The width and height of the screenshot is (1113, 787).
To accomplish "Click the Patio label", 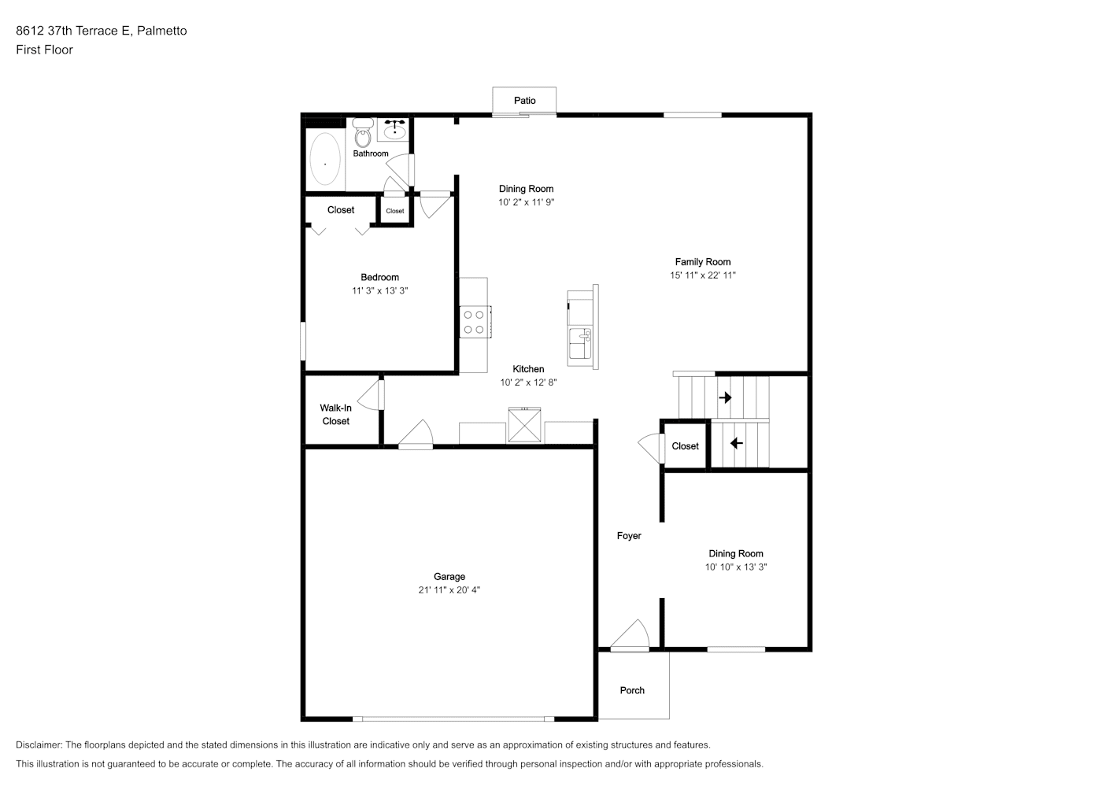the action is (x=525, y=101).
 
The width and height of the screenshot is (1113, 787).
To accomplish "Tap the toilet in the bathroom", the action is (x=363, y=133).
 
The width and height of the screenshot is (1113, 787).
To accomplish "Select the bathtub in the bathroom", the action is (x=325, y=159).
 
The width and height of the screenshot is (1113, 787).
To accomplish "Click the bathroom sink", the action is (x=395, y=129).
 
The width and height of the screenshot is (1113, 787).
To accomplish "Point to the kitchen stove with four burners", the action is (x=475, y=322).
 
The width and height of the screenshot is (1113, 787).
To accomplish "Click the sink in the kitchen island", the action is (x=580, y=343).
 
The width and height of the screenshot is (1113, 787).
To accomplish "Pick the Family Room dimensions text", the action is (x=703, y=275).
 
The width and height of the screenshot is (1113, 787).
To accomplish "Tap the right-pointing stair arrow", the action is (x=725, y=397).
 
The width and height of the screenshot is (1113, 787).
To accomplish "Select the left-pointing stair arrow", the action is (x=737, y=442).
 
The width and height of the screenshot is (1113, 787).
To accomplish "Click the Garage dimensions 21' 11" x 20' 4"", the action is (x=449, y=589).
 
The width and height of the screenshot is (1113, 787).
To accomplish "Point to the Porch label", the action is (x=632, y=690).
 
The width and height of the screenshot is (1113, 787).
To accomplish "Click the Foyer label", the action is (x=629, y=536).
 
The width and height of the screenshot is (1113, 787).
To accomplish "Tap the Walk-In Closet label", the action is (x=336, y=415).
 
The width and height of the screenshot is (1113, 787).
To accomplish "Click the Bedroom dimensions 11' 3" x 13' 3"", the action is (x=380, y=290).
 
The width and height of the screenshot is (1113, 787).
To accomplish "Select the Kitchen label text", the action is (x=528, y=368).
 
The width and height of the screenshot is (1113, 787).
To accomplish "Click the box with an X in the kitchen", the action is (x=524, y=425).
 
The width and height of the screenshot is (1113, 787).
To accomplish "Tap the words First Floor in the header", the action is (x=44, y=50).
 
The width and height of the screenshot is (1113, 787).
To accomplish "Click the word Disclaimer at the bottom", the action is (x=39, y=745).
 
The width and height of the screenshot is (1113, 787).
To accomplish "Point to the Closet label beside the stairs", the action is (x=685, y=446).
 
